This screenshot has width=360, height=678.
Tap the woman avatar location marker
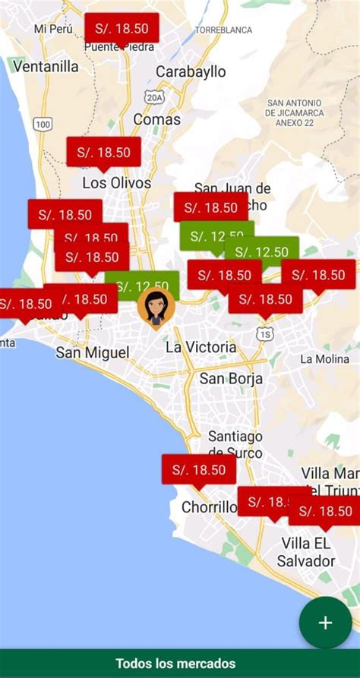[x=156, y=307]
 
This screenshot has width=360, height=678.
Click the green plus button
[x=325, y=623]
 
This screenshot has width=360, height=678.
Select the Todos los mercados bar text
[x=175, y=664]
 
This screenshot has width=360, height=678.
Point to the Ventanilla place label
[x=46, y=66]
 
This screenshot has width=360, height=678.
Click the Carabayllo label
[x=191, y=71]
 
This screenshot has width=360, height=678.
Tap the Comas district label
[x=157, y=119]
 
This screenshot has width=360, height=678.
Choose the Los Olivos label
[x=116, y=183]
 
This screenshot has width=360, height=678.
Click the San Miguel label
[x=92, y=352]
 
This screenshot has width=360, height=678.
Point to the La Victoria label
[x=201, y=347]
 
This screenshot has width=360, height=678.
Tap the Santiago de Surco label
[x=235, y=445]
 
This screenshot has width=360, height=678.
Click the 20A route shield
[x=155, y=97]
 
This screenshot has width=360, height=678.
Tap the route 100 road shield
[x=43, y=124]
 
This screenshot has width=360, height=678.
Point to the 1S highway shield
[x=264, y=333]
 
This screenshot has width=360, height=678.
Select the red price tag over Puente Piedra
[x=122, y=29]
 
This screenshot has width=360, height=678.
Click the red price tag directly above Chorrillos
[x=199, y=470]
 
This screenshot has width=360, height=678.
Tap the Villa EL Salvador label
[x=308, y=552]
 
